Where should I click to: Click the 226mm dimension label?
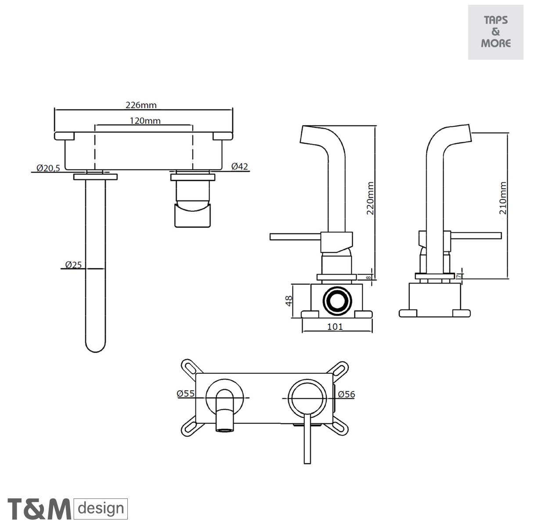[x=141, y=105]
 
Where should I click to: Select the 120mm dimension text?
[x=145, y=120]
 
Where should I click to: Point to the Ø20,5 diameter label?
[x=48, y=168]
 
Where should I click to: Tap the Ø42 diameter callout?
[x=240, y=166]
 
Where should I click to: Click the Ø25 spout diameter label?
[x=73, y=264]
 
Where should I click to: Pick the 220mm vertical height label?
[x=370, y=198]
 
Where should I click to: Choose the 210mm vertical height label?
[x=503, y=198]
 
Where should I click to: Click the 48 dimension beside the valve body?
[x=289, y=301]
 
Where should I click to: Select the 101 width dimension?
[x=335, y=326]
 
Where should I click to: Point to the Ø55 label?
[x=186, y=393]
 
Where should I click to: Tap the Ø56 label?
[x=347, y=394]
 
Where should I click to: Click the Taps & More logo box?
[x=495, y=32]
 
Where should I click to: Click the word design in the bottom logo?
[x=101, y=509]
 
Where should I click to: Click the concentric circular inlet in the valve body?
[x=337, y=301]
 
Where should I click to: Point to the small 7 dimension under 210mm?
[x=459, y=275]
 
